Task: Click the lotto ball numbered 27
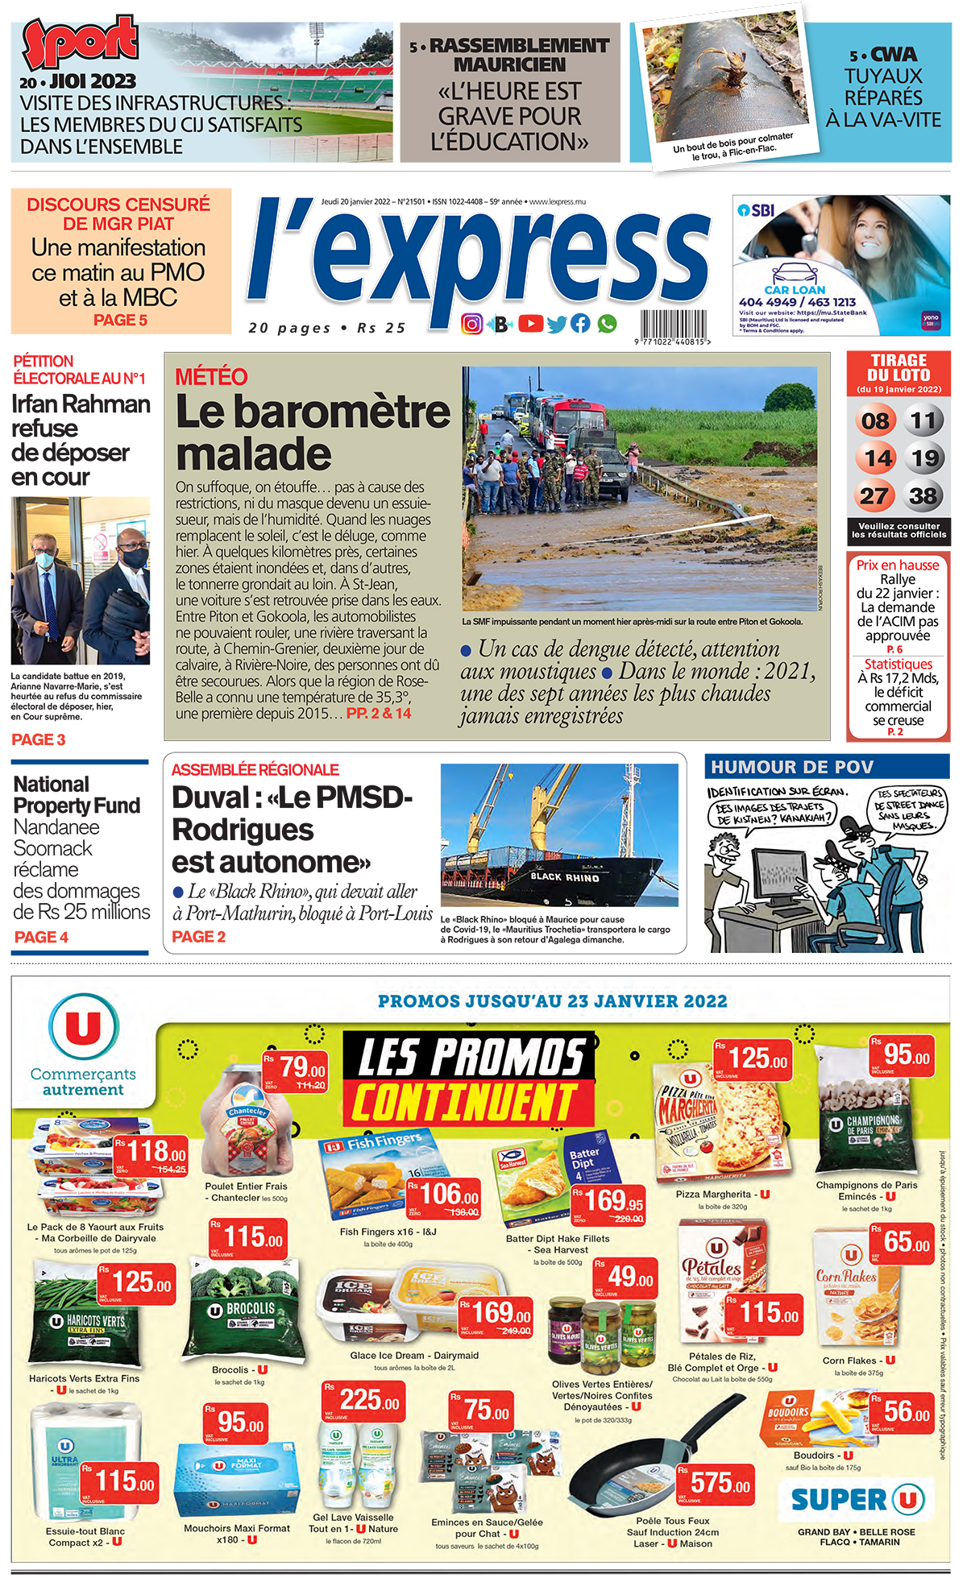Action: pyautogui.click(x=874, y=495)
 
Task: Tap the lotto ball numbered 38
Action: pyautogui.click(x=923, y=495)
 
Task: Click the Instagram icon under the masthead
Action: pyautogui.click(x=472, y=324)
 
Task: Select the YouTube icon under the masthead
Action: pyautogui.click(x=530, y=324)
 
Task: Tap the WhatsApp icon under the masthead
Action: pyautogui.click(x=607, y=324)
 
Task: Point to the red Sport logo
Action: pyautogui.click(x=80, y=42)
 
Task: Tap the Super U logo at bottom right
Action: pyautogui.click(x=855, y=1499)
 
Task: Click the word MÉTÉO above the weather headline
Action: pyautogui.click(x=211, y=377)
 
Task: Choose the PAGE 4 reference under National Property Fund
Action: pyautogui.click(x=41, y=937)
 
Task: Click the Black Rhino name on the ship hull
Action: pyautogui.click(x=564, y=876)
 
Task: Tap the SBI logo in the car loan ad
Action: pyautogui.click(x=757, y=210)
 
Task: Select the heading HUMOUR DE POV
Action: pyautogui.click(x=791, y=767)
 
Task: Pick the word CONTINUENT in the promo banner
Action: pyautogui.click(x=465, y=1102)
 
